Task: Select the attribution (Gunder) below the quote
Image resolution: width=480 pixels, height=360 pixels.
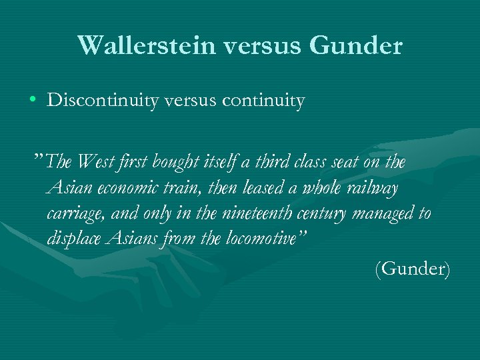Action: (x=413, y=269)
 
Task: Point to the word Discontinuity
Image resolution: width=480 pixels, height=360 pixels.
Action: (x=99, y=101)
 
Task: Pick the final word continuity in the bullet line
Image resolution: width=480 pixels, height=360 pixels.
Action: (x=264, y=101)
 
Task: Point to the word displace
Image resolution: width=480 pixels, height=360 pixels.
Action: (x=74, y=239)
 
